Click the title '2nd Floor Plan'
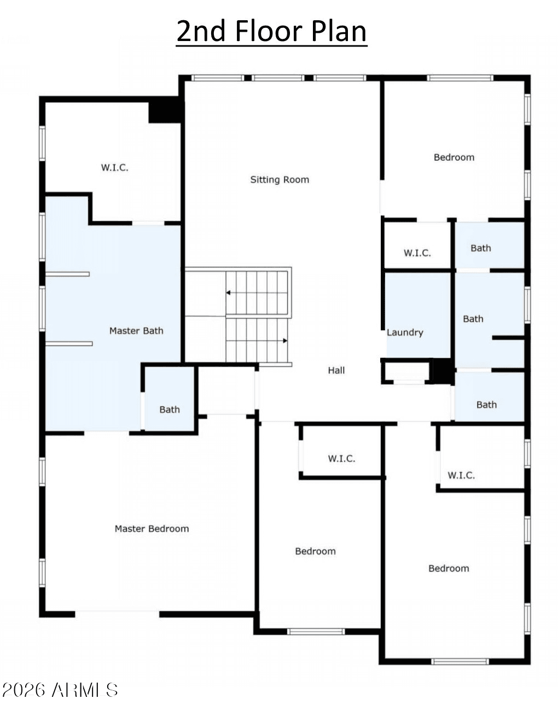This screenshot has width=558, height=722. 271,31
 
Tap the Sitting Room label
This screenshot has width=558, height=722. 280,180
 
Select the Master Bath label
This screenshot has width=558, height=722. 136,330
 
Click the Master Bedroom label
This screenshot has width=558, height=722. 152,528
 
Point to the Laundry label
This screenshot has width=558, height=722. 405,333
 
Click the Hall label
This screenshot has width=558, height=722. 336,370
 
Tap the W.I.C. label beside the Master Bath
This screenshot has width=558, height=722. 115,167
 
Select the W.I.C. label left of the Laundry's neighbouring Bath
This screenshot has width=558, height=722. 417,253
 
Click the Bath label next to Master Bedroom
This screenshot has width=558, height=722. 170,409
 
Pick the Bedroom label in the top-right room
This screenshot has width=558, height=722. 454,158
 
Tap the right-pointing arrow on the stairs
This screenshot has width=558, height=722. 257,341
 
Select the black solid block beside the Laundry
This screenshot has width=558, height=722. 441,371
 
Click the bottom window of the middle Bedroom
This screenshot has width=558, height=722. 316,631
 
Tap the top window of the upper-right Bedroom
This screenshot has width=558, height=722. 460,78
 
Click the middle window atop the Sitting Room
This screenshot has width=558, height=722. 278,78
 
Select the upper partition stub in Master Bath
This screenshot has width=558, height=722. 67,274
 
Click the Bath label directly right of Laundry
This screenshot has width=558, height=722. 473,319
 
